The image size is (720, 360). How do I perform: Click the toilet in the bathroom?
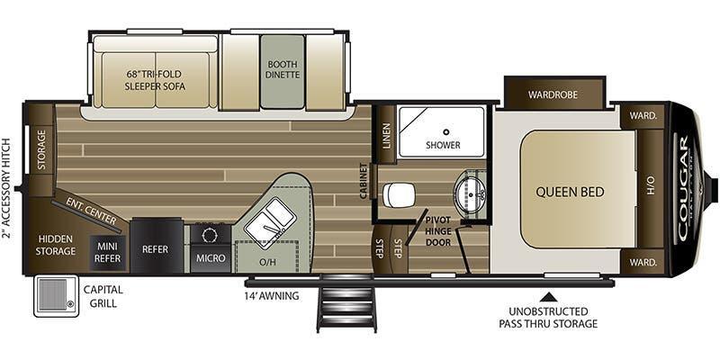pos(399,195)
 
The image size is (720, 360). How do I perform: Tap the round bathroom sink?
pos(470,194)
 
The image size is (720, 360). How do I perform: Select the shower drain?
pos(445,131)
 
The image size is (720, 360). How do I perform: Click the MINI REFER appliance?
pos(109,251)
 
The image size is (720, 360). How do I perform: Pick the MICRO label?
pos(211,258)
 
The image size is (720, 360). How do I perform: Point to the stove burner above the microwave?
pos(211,235)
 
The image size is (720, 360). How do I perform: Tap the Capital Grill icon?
pos(56,295)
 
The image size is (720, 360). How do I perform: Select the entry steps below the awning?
pos(346,303)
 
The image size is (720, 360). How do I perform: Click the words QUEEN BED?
pos(570,192)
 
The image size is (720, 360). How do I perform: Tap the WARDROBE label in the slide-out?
pos(553,94)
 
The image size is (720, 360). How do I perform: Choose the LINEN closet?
pos(386,136)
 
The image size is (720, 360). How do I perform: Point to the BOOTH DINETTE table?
pos(283,72)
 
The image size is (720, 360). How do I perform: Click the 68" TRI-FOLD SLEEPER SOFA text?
pos(155,80)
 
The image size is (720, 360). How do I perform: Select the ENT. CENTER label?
pos(92,211)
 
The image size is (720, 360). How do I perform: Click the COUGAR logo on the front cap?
pos(683,188)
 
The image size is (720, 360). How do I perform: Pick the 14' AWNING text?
pos(272,296)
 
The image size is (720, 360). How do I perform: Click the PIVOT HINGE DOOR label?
pos(438,231)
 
